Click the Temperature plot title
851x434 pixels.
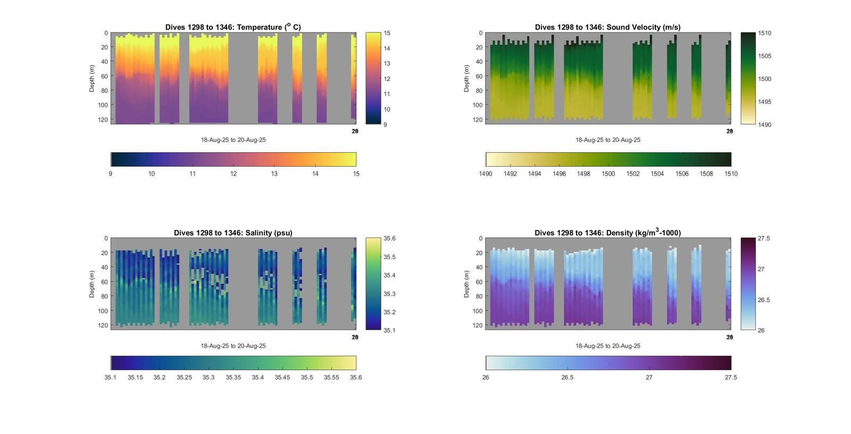(233, 27)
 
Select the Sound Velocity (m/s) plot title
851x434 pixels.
(607, 27)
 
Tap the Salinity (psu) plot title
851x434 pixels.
(233, 233)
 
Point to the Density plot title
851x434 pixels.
(607, 233)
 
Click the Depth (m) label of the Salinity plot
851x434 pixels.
(92, 284)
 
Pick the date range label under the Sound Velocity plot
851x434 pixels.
(607, 140)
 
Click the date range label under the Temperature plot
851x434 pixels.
(233, 140)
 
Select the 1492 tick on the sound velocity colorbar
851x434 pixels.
(510, 174)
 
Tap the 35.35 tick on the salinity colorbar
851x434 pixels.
(233, 378)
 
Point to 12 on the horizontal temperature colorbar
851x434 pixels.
(233, 174)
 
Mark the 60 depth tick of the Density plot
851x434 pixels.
(479, 282)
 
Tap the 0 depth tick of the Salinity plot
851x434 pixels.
(106, 239)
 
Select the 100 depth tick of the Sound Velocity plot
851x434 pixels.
(477, 105)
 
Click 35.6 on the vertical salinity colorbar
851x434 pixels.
(389, 239)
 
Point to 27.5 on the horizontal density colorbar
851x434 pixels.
(731, 378)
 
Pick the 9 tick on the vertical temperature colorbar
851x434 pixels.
(385, 125)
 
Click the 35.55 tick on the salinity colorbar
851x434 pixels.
(331, 378)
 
